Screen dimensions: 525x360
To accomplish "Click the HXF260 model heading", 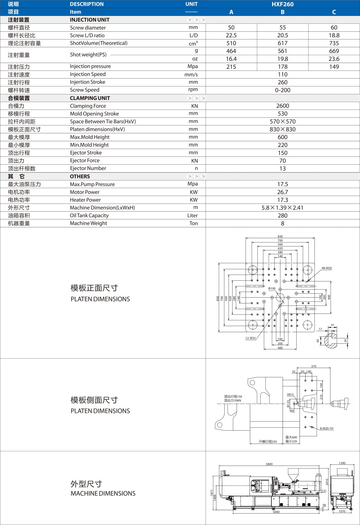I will click(x=283, y=4).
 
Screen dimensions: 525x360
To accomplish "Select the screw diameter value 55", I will click(x=283, y=27).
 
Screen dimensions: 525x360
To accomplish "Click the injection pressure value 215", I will click(x=231, y=67).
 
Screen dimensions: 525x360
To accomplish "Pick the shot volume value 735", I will click(x=334, y=43).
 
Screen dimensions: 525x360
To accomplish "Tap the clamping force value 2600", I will click(x=283, y=106).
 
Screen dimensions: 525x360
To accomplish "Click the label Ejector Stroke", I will click(x=86, y=153).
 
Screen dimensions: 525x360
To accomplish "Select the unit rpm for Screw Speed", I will click(x=193, y=90).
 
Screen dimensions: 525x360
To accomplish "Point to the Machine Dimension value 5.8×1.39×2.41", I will click(x=283, y=208).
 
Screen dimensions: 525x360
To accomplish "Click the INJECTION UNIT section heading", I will click(x=90, y=20).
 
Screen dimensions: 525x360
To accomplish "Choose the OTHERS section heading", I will click(x=80, y=177).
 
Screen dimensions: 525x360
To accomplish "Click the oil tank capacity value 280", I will click(x=283, y=215).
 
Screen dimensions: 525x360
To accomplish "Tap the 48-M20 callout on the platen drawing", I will click(x=327, y=268).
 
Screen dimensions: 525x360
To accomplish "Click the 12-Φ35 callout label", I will click(x=250, y=338).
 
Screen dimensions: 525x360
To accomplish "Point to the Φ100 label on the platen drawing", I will click(x=272, y=288).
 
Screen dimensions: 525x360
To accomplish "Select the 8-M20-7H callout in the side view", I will click(x=327, y=428).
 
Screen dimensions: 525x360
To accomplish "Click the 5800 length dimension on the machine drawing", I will click(x=269, y=464).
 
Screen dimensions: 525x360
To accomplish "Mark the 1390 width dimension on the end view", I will click(x=342, y=463).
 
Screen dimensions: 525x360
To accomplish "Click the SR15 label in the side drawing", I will click(x=290, y=395).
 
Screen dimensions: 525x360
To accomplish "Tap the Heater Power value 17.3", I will click(x=283, y=200).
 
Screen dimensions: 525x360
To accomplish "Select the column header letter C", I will click(x=334, y=12).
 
